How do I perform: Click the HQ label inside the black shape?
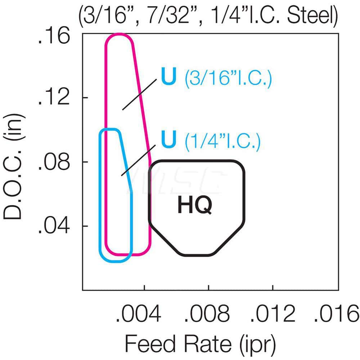tap(195, 206)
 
